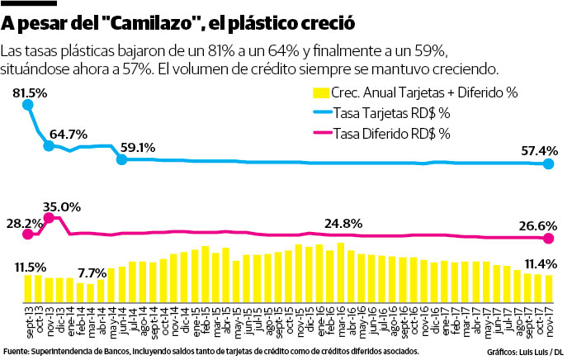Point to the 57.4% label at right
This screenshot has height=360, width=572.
coord(540,151)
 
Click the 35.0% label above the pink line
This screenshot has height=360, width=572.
coord(61,206)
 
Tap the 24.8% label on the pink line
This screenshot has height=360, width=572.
coord(343,223)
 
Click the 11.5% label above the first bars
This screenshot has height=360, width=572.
coord(30,267)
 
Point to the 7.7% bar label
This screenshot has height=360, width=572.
coord(92,272)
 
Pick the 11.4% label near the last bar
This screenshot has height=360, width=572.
coord(541,263)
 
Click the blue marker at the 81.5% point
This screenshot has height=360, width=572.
coord(28,105)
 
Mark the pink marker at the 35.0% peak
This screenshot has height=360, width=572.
coord(49,218)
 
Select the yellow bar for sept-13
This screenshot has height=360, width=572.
coord(28,287)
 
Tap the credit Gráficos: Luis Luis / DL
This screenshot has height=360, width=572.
coord(524,352)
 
